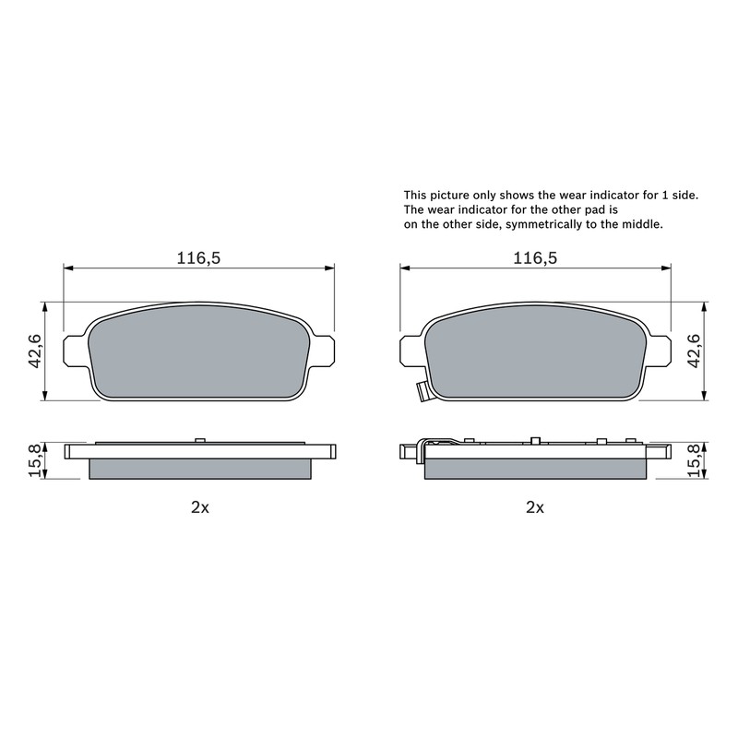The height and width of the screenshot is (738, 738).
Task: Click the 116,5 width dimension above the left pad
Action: pos(198,258)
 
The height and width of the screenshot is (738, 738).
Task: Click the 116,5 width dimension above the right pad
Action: pos(535,258)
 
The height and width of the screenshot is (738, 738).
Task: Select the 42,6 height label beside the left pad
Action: pos(36,351)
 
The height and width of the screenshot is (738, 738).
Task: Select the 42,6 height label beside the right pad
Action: pos(695,351)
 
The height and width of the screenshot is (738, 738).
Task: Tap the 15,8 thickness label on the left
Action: pos(36,460)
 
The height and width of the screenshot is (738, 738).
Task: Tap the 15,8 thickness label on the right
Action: pos(695,460)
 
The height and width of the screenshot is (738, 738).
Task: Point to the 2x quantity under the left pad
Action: pos(200,506)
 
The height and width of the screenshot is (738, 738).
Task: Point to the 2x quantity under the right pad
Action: pos(535,506)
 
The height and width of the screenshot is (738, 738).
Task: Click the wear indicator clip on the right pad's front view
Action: pos(423,391)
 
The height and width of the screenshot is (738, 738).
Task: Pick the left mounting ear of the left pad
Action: pos(76,351)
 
